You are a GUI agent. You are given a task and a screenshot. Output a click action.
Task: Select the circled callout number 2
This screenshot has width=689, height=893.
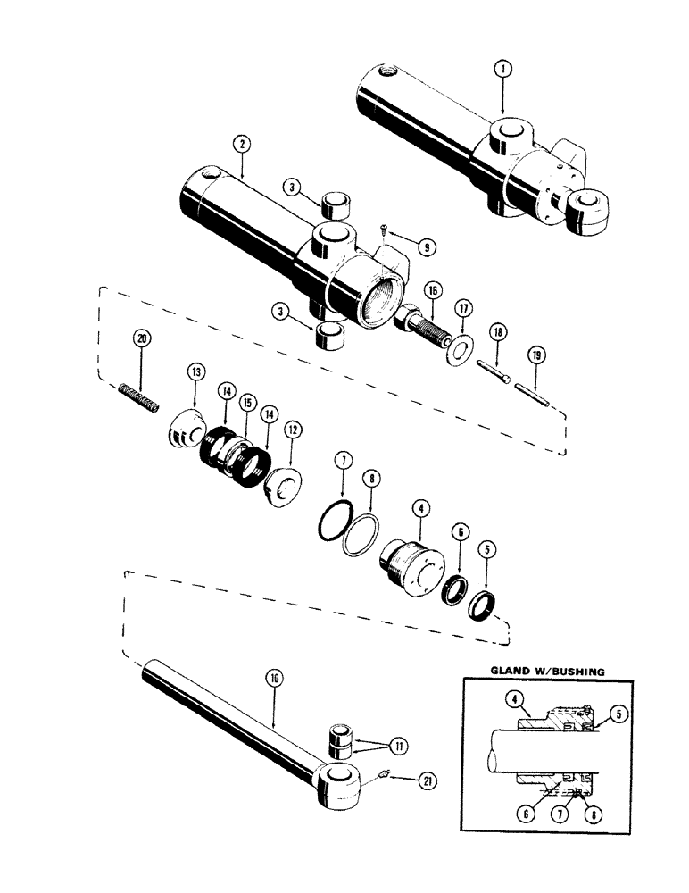click(239, 143)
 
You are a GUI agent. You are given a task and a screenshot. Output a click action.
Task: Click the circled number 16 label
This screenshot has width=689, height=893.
click(432, 290)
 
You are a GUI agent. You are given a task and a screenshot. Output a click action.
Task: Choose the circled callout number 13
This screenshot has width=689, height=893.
click(196, 371)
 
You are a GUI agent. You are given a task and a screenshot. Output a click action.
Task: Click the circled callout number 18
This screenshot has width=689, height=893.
click(498, 333)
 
